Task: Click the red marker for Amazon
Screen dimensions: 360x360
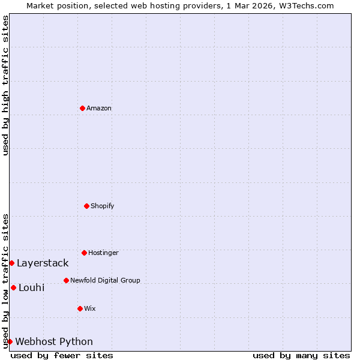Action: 82,108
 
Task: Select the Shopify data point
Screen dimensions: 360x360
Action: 86,206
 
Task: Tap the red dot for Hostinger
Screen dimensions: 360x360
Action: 84,253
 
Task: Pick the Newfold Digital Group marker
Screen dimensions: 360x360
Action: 66,280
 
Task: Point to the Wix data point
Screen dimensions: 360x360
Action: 80,308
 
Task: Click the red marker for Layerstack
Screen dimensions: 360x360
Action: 11,263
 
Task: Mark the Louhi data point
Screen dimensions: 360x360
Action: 13,287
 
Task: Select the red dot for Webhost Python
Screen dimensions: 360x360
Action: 10,341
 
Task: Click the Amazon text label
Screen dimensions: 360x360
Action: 99,108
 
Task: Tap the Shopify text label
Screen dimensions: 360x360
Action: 103,206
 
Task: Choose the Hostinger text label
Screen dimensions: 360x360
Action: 103,253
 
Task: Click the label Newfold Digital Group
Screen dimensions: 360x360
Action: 105,280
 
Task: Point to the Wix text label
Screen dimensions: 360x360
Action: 90,308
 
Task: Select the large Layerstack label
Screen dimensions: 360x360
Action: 43,263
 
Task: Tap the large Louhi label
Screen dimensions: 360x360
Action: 32,287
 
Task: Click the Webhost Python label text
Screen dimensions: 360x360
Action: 54,341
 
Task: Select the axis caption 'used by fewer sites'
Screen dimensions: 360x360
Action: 62,355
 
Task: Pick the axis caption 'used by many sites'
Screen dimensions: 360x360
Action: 301,355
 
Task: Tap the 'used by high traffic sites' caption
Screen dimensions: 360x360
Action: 5,85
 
